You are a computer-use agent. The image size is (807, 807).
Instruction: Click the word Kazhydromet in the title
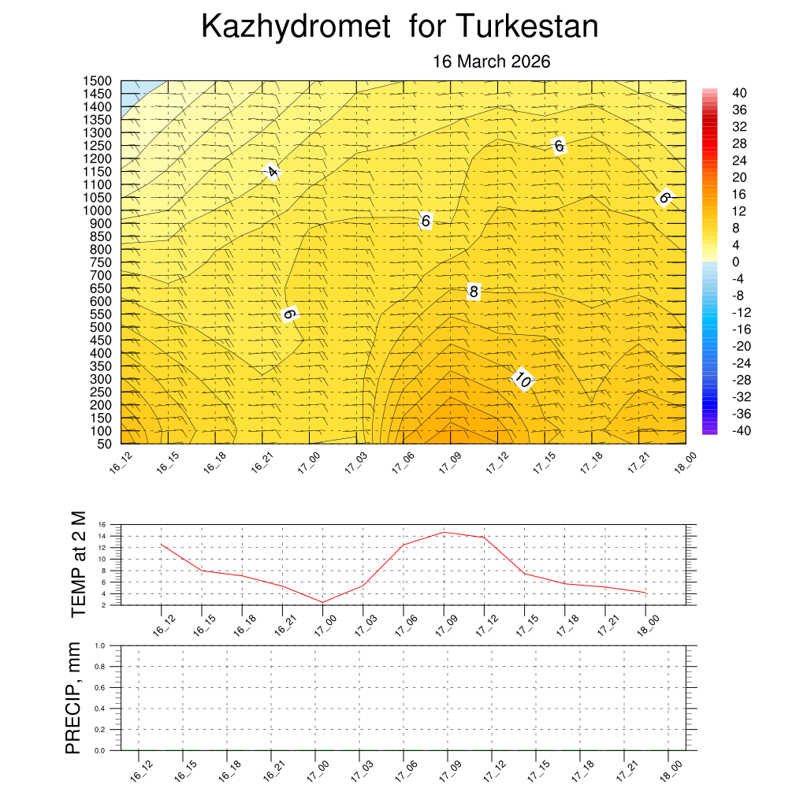pos(296,28)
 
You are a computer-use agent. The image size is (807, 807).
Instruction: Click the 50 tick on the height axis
pos(105,444)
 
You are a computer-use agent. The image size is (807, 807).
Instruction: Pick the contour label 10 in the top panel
pos(523,379)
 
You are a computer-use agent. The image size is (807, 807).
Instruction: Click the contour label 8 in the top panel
pos(474,292)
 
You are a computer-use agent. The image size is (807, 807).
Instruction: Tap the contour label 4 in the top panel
pos(272,171)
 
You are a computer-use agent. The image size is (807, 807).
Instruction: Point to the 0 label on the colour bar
pos(737,262)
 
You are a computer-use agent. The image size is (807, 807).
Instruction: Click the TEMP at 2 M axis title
pos(77,564)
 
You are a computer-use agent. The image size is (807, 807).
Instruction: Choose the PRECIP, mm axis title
pos(73,697)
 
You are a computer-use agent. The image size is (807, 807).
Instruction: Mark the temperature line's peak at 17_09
pos(444,533)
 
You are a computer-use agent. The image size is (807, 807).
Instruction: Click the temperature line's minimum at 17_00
pos(323,602)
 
